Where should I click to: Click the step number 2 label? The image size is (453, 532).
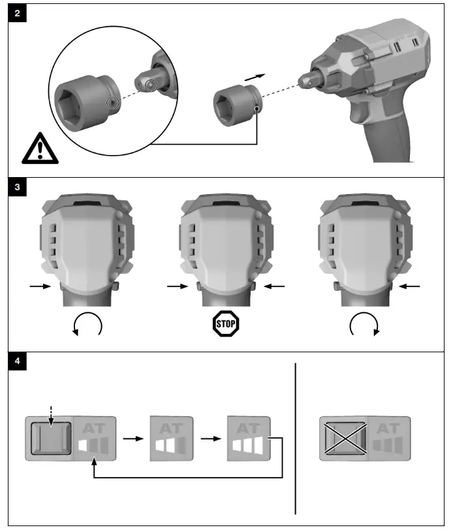pyautogui.click(x=16, y=14)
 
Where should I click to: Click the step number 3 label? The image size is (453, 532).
pyautogui.click(x=16, y=186)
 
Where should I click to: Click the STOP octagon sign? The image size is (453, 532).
pyautogui.click(x=226, y=324)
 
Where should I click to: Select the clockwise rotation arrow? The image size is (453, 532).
pyautogui.click(x=363, y=323)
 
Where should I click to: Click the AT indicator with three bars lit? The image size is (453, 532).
pyautogui.click(x=248, y=439)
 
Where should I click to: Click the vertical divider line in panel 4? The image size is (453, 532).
pyautogui.click(x=296, y=438)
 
